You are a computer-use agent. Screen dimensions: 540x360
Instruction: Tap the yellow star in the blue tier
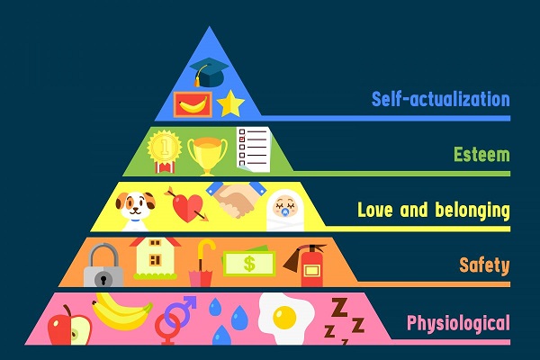click(x=231, y=104)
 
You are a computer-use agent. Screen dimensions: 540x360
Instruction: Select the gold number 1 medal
click(x=165, y=148)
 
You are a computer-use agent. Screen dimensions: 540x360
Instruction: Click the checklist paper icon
click(x=254, y=148)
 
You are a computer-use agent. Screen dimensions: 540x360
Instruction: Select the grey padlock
click(x=102, y=267)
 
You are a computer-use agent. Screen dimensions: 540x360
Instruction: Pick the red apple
click(x=69, y=326)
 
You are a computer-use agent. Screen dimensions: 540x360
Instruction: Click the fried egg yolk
click(x=285, y=317)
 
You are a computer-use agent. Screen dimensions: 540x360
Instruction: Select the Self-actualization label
click(x=440, y=98)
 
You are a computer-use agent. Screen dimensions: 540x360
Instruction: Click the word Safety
click(x=483, y=265)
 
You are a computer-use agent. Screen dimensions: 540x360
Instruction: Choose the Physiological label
click(x=458, y=321)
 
